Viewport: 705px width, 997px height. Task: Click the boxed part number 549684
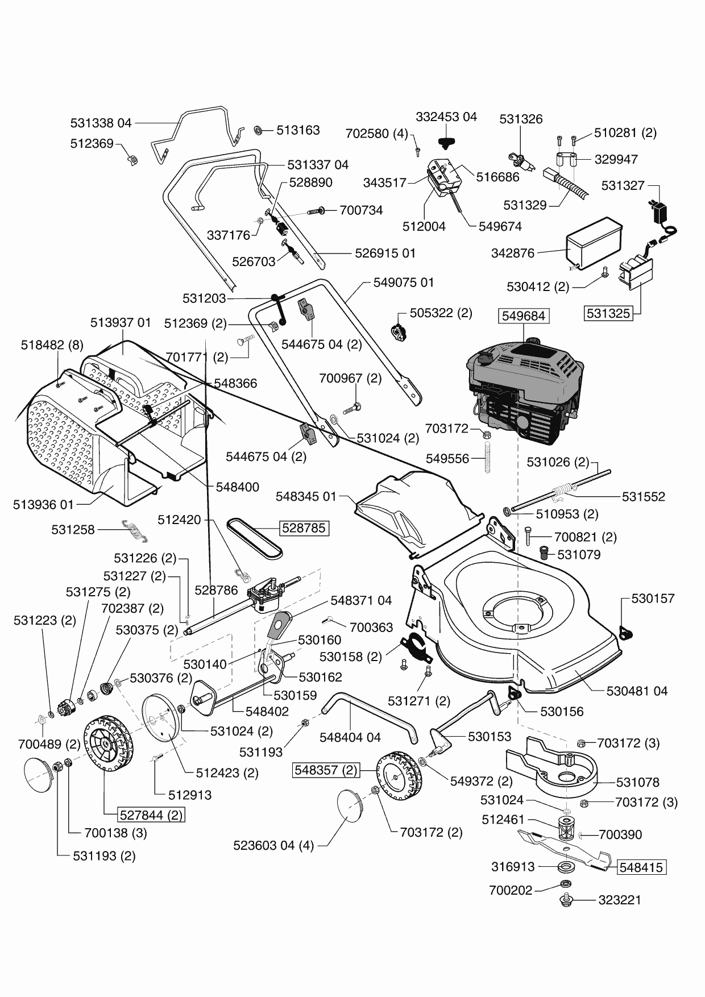[524, 315]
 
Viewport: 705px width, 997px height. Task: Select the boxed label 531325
[609, 313]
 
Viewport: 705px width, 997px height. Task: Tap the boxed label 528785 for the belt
[304, 528]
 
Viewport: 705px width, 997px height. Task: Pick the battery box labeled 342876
[593, 243]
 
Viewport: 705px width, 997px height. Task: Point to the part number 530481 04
[637, 691]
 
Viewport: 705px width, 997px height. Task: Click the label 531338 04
[101, 123]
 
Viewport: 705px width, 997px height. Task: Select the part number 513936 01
[43, 505]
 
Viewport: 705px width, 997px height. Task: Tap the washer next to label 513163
[258, 131]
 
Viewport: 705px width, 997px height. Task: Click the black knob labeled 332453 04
[447, 140]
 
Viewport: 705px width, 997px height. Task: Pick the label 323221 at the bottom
[619, 900]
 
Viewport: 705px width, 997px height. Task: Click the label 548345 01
[306, 497]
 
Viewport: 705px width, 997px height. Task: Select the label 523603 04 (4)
[273, 845]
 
